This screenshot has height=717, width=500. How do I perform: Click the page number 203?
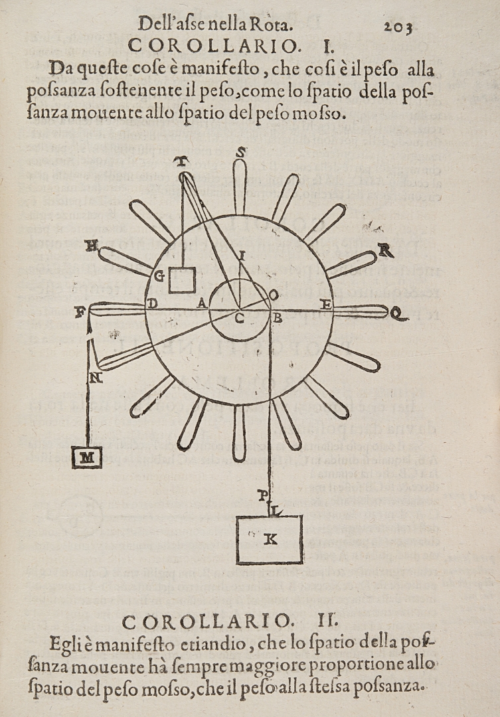point(398,27)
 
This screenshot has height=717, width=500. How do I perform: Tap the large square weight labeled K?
point(270,539)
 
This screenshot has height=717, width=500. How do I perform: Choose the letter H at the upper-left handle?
point(92,246)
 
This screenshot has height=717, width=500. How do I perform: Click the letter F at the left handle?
point(81,313)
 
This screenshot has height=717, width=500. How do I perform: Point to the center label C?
point(239,319)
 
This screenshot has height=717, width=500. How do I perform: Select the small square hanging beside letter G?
point(182,280)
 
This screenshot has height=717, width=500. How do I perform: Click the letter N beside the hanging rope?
point(96,378)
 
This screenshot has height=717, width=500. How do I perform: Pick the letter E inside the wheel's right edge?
point(325,304)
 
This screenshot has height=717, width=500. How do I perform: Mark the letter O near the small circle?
point(273,295)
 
